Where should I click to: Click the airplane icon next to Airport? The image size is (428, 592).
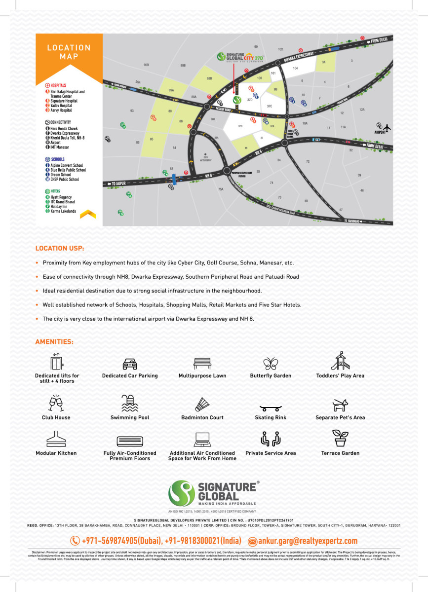tap(387, 127)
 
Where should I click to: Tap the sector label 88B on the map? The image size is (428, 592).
tap(209, 78)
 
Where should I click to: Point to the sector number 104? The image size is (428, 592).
tap(295, 68)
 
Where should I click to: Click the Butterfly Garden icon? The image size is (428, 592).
tap(271, 364)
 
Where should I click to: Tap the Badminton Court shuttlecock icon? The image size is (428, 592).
tap(202, 404)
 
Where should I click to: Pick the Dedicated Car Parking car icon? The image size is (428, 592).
tap(130, 364)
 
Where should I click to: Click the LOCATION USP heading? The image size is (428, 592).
tap(59, 248)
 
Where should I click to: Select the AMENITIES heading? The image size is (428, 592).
tap(54, 341)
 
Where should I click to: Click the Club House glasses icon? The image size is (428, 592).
tap(56, 404)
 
